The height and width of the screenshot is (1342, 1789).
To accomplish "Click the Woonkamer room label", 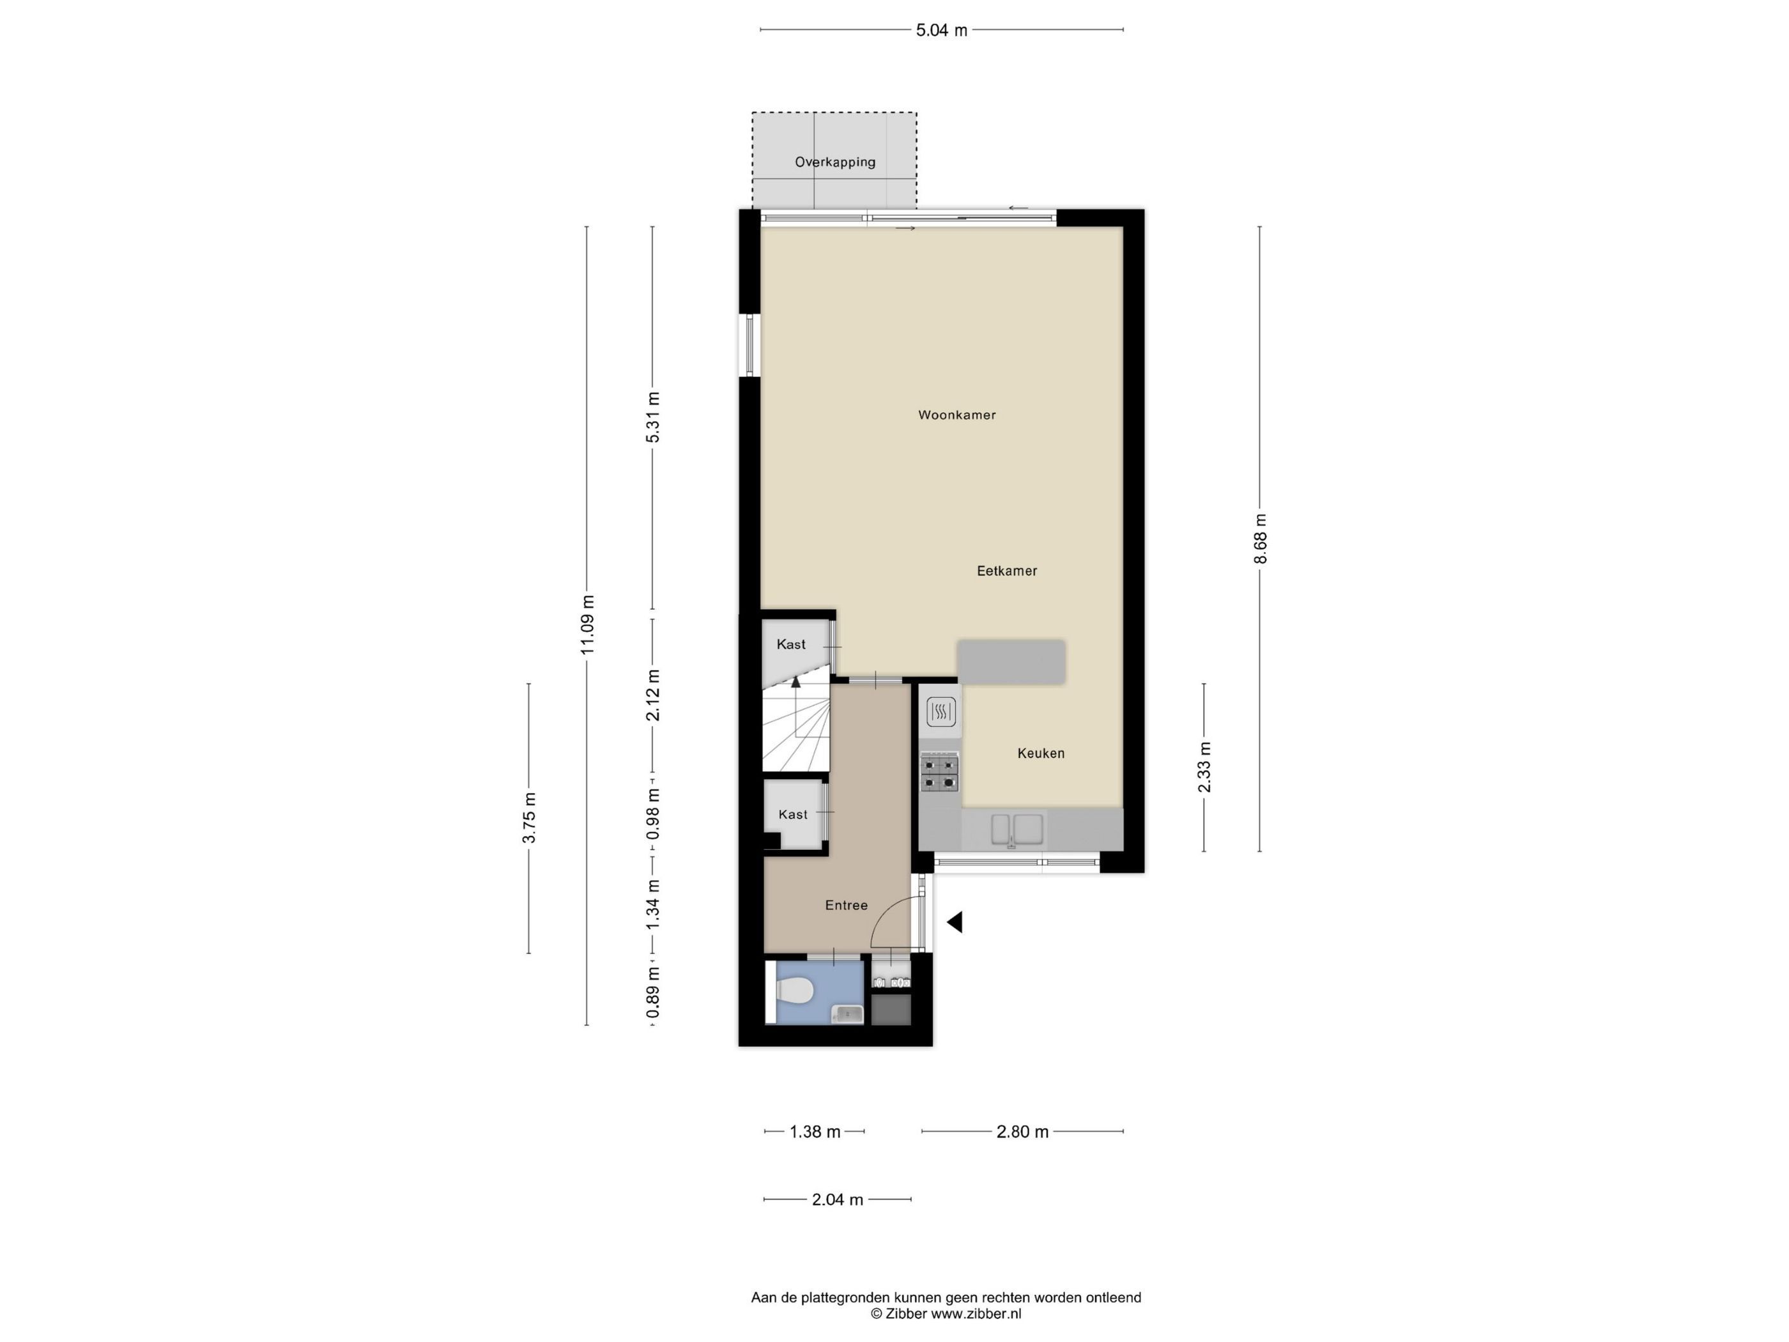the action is (956, 415).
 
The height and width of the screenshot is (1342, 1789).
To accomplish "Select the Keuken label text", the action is (1041, 753).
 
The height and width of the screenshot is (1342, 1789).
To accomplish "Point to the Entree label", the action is (846, 905).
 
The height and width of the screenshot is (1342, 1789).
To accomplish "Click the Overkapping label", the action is (834, 162).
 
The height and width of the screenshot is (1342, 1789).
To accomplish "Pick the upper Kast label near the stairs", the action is (791, 645).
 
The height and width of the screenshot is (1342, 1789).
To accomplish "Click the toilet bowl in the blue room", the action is (793, 990).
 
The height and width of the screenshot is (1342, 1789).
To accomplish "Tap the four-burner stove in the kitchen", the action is (940, 772).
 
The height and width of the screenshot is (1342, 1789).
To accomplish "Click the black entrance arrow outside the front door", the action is (955, 922).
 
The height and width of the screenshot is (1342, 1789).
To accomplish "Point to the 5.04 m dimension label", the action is (941, 31).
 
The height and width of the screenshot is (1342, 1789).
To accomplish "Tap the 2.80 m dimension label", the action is (1022, 1132).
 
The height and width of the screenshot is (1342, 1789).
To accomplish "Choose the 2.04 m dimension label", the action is (838, 1199).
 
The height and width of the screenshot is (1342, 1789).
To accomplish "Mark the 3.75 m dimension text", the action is (530, 818).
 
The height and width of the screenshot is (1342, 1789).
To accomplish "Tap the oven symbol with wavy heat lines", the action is (941, 712).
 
